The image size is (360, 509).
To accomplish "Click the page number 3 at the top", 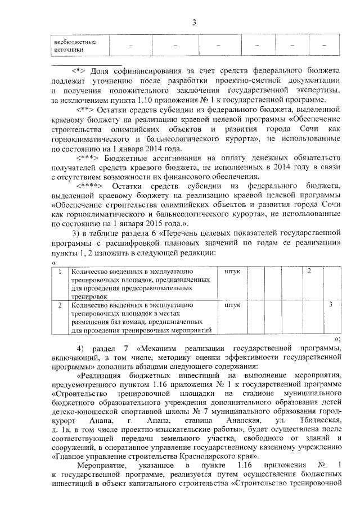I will pos(193,22).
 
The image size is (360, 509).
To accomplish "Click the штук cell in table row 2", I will pos(232,305).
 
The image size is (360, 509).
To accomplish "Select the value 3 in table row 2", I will pos(331,305).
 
